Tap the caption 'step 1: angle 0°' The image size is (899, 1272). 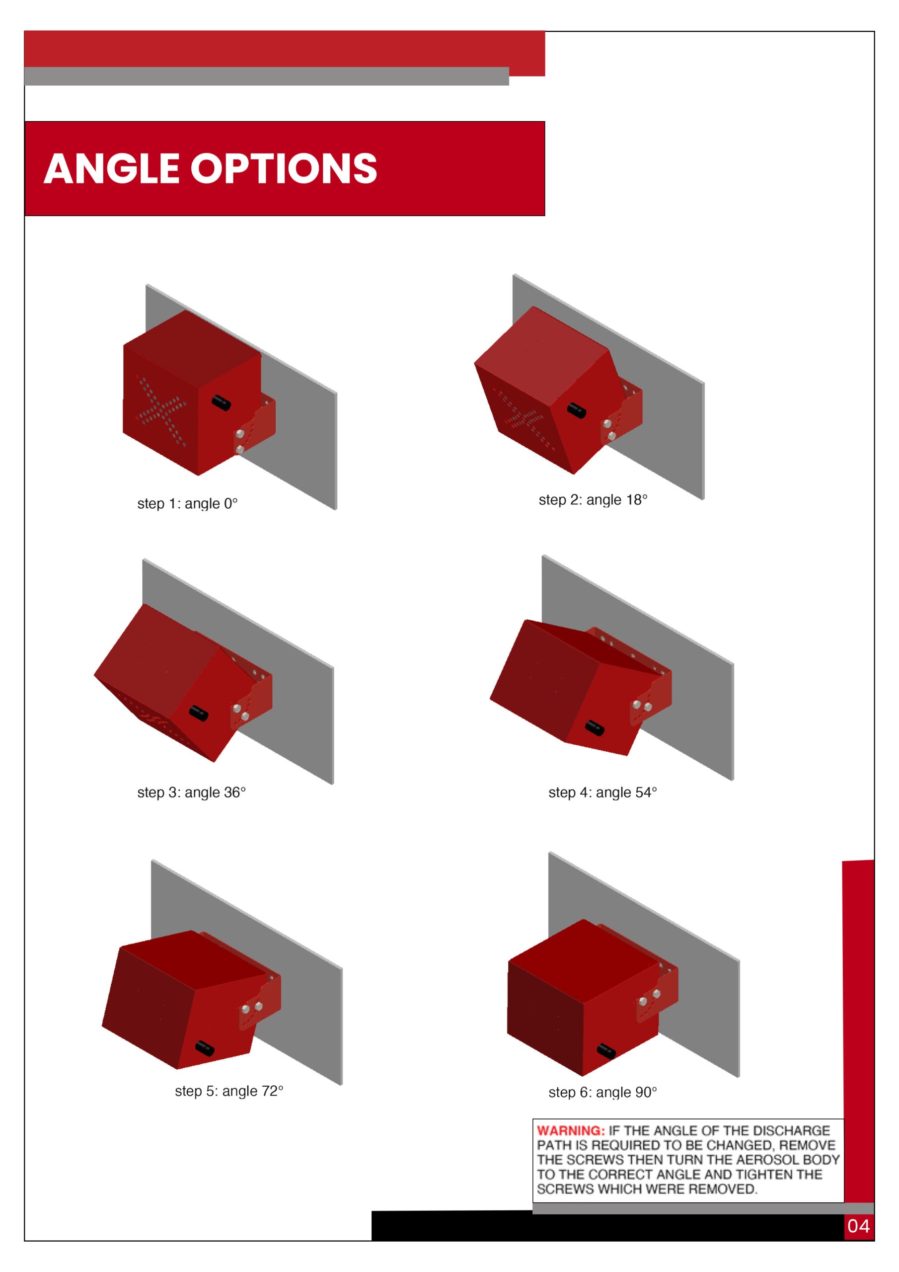click(x=187, y=504)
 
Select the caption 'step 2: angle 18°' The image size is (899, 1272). click(x=593, y=500)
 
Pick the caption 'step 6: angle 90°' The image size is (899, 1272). click(x=602, y=1093)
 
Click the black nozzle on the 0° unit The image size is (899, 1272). click(x=221, y=403)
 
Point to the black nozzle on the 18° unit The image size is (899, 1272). click(x=576, y=410)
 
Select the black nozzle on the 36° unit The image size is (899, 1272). click(x=198, y=713)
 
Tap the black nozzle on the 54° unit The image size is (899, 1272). click(x=595, y=727)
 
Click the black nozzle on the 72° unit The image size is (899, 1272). click(x=205, y=1048)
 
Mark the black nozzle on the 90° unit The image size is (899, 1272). click(x=606, y=1051)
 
